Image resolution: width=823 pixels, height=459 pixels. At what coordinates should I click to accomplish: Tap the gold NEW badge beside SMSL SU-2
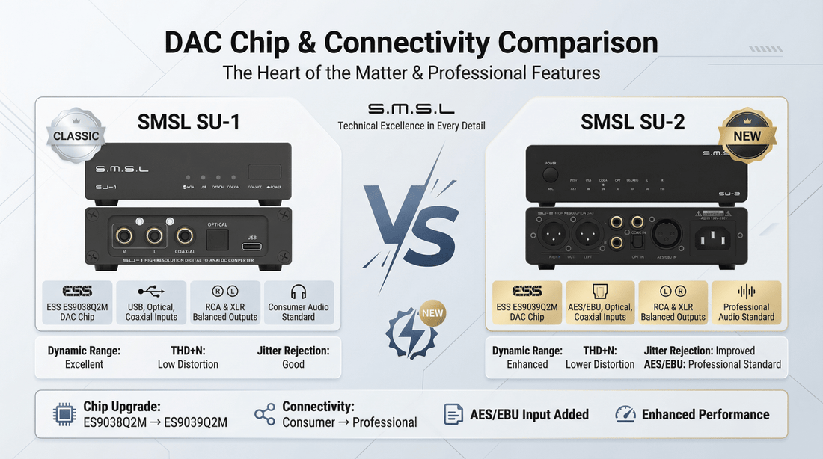pos(747,135)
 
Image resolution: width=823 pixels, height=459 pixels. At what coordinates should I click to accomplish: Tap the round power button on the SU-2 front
pos(551,173)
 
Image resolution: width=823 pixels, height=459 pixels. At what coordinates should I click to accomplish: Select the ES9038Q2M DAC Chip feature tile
pos(78,302)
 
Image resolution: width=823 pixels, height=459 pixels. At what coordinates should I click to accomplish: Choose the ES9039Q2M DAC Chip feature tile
pos(526,302)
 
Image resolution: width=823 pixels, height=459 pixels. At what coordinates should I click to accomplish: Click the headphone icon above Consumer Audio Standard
pos(299,292)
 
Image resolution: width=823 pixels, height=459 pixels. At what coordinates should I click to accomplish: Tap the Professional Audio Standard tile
pos(746,302)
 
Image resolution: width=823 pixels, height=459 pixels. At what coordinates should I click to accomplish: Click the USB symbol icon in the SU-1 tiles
pos(151,292)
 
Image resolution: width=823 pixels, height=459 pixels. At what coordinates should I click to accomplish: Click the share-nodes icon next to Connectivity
pos(264,414)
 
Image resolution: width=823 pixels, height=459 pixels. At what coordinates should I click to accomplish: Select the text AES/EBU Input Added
pos(529,414)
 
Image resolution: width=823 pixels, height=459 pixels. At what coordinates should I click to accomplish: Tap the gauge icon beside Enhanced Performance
pos(625,414)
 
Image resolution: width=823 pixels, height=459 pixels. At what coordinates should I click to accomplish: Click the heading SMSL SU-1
pos(189,122)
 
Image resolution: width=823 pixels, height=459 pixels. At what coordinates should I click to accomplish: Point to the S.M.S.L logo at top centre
pos(411,109)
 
